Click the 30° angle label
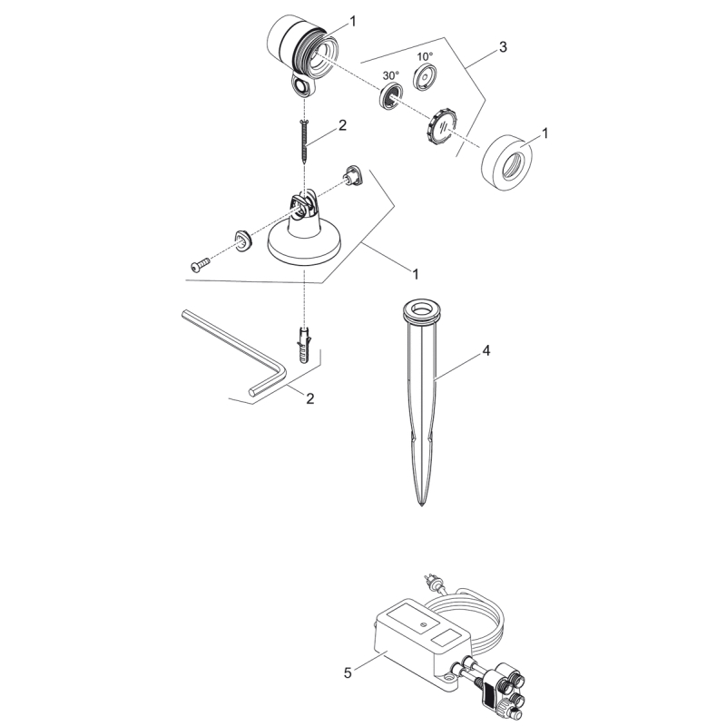click(391, 75)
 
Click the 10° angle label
click(425, 56)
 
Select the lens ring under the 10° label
click(424, 77)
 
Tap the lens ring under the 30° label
click(391, 97)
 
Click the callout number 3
click(503, 47)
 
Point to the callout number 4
click(486, 351)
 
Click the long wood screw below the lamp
click(304, 141)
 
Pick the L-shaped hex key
click(234, 354)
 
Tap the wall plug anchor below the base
click(304, 345)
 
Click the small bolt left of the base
click(200, 264)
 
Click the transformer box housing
click(421, 642)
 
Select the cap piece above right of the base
click(354, 174)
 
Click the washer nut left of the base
click(243, 240)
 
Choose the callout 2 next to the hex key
click(310, 398)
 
